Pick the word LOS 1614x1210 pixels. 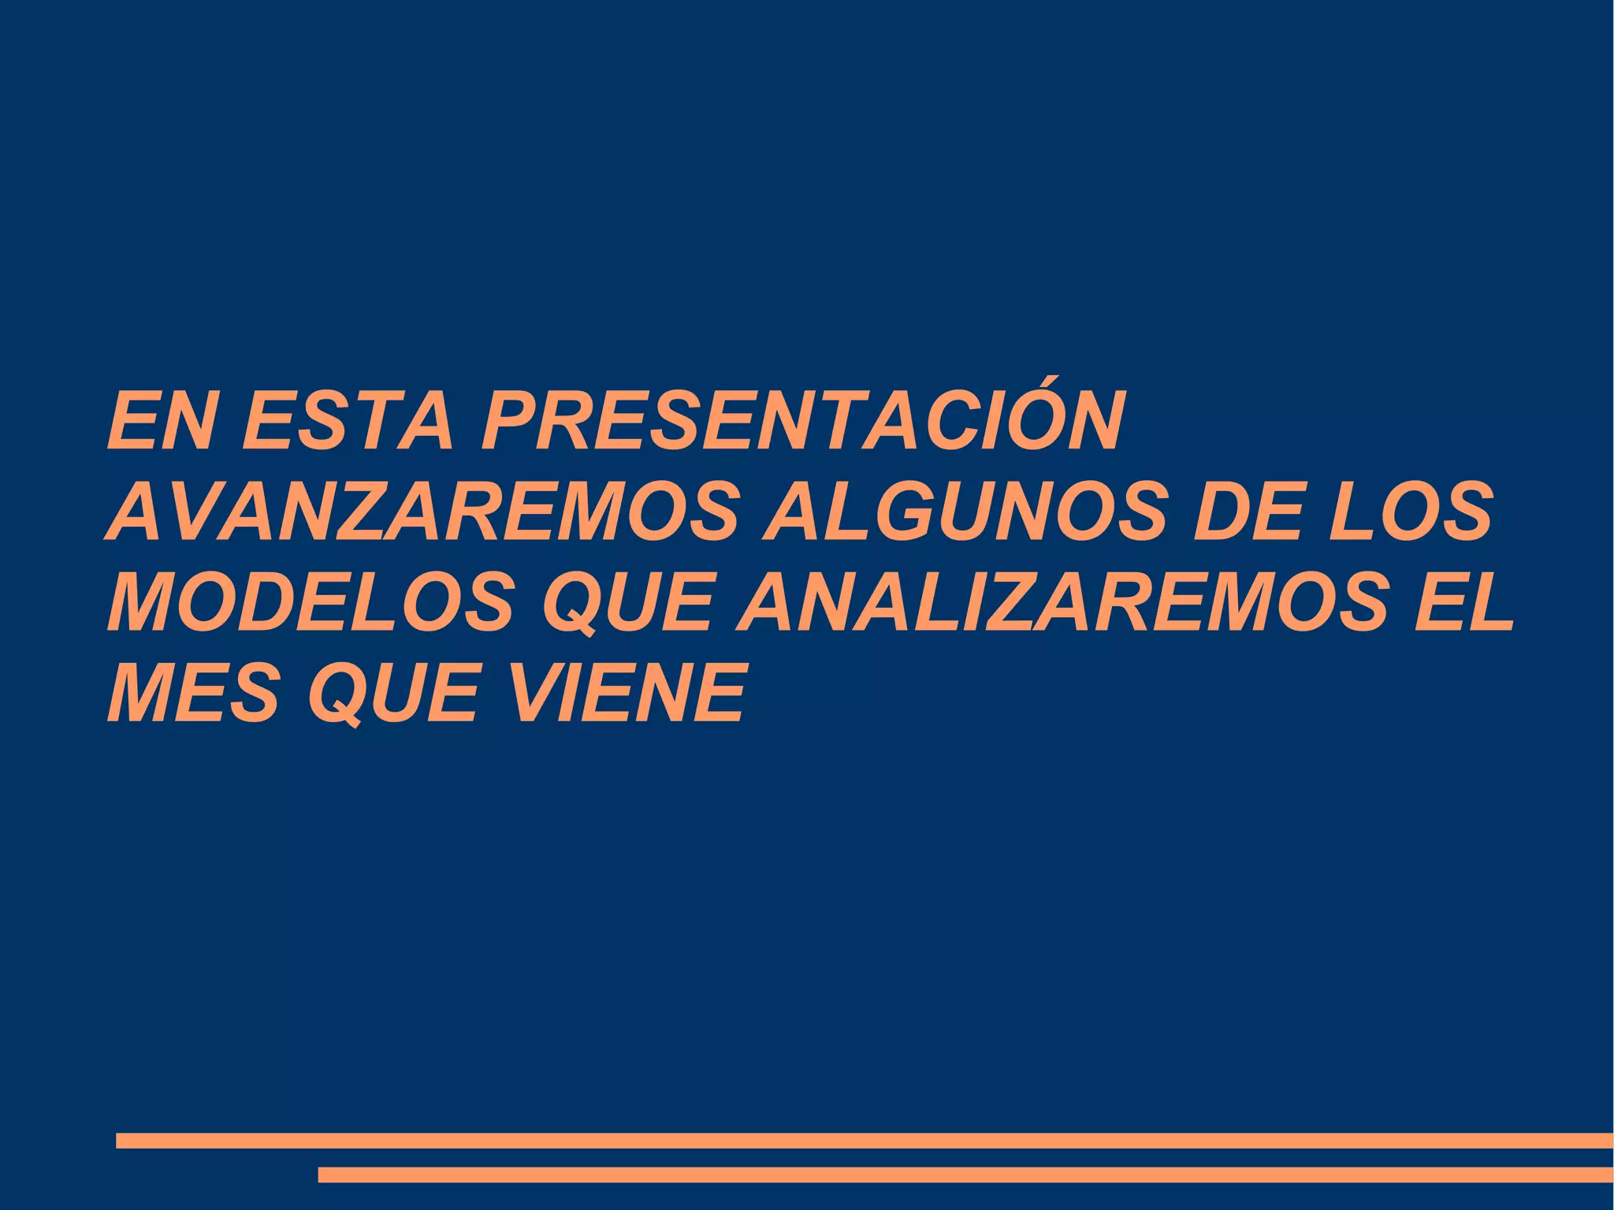pyautogui.click(x=1410, y=513)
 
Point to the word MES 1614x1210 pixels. pyautogui.click(x=194, y=694)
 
